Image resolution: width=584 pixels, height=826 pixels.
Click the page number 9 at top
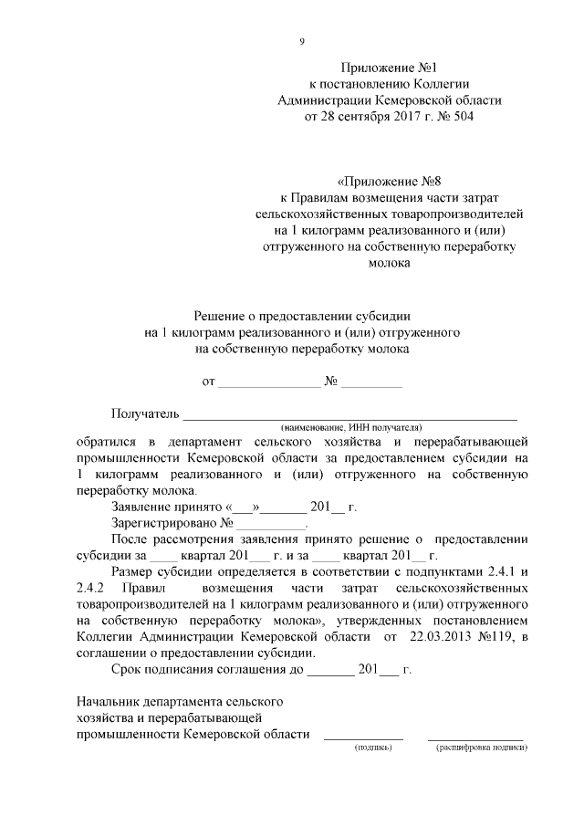point(301,40)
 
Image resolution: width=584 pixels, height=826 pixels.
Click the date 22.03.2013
point(441,635)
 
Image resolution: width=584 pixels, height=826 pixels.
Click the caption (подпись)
point(372,747)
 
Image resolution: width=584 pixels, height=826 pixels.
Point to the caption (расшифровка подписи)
point(482,747)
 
